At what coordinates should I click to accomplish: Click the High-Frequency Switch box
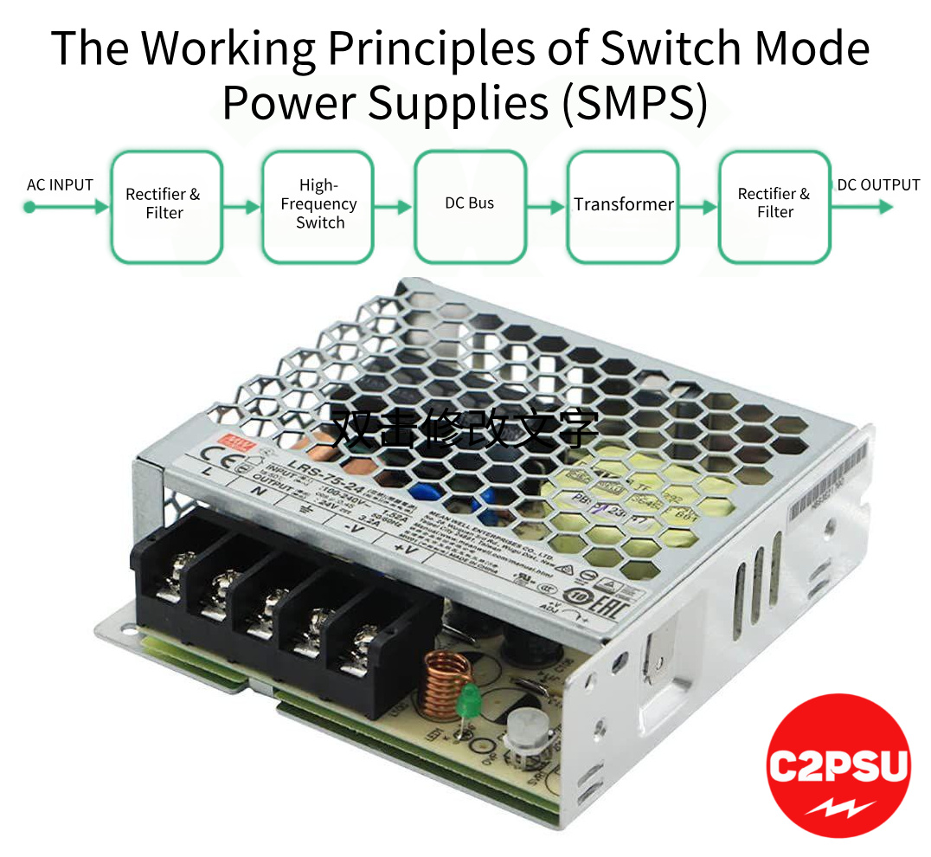tap(318, 206)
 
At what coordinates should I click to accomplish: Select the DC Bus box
tap(470, 206)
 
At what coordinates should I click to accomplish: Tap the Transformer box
tap(623, 206)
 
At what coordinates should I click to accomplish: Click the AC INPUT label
tap(60, 184)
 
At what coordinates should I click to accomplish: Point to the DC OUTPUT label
tap(877, 184)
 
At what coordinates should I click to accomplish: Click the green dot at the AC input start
tap(29, 207)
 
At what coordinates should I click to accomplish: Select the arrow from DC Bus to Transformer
tap(547, 207)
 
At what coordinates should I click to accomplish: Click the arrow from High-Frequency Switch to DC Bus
tap(394, 207)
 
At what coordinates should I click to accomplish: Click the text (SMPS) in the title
tap(634, 102)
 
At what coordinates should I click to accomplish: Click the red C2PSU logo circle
tap(838, 764)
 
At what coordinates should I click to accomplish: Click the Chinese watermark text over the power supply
tap(465, 428)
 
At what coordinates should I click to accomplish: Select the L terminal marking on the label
tap(206, 470)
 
